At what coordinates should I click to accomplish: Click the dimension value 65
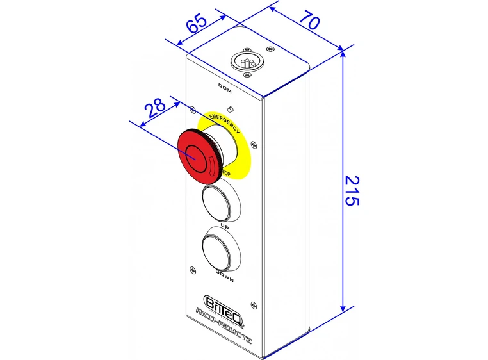196,24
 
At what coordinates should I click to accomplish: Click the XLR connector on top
247,62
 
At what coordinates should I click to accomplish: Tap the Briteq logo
220,301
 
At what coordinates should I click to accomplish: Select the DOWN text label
224,277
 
